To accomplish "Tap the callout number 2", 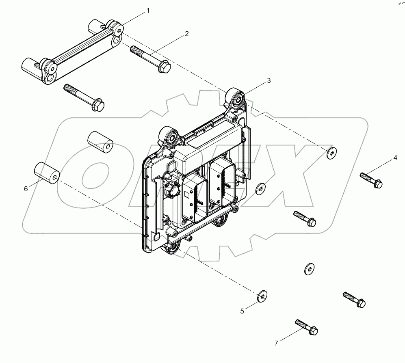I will pos(187,34).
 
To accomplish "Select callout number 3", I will pos(269,81).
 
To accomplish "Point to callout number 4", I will pos(394,158).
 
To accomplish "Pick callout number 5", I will pos(242,311).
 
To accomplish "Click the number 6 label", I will pos(26,189).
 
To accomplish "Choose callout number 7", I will pos(276,343).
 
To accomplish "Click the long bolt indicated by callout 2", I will pos(149,58).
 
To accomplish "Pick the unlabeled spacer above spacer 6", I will pos(100,142).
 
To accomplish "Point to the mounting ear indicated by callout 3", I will pos(236,98).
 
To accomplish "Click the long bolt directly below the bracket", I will pos(84,97).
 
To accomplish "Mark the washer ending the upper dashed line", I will pos(332,153).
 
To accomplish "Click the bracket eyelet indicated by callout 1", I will pos(119,30).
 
